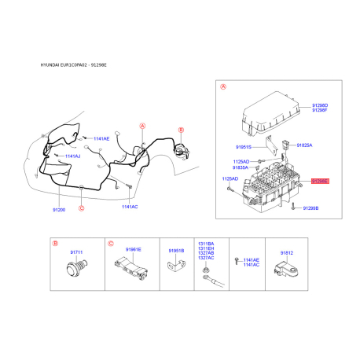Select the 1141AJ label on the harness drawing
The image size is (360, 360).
(72, 156)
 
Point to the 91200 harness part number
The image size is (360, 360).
(60, 211)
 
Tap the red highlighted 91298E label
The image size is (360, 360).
(321, 181)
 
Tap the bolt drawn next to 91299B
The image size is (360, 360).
(292, 208)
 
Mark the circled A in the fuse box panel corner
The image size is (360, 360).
(223, 87)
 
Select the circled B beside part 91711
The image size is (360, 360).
(55, 244)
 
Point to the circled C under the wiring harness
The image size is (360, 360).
(82, 208)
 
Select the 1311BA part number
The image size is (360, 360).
(206, 244)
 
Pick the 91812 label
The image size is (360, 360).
(287, 253)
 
